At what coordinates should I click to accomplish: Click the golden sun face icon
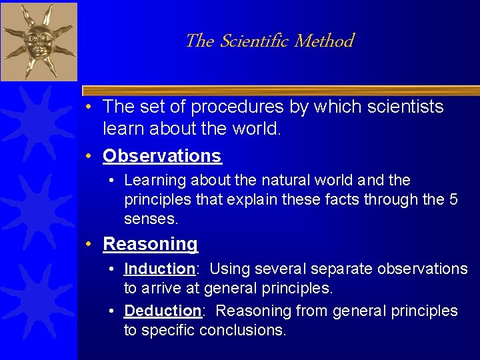click(37, 40)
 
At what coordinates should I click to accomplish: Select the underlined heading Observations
click(162, 156)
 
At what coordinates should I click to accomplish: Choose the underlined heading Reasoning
click(151, 244)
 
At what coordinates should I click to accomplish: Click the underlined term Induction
click(159, 269)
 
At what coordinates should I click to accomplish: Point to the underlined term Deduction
click(163, 311)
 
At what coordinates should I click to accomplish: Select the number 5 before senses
click(453, 199)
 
